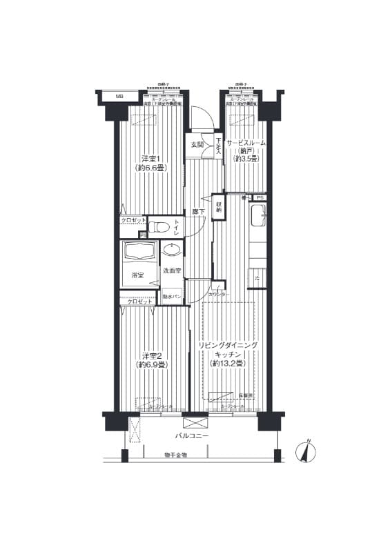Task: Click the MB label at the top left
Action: point(119,96)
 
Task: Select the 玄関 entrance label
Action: point(197,145)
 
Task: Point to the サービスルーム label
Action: point(245,142)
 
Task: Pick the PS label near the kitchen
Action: point(260,198)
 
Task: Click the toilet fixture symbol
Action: point(158,226)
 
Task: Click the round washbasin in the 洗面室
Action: point(173,249)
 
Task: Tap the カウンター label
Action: point(220,295)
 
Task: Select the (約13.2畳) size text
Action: point(228,364)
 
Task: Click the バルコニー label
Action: point(191,437)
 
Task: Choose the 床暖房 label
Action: point(247,395)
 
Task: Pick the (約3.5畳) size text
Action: point(245,159)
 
